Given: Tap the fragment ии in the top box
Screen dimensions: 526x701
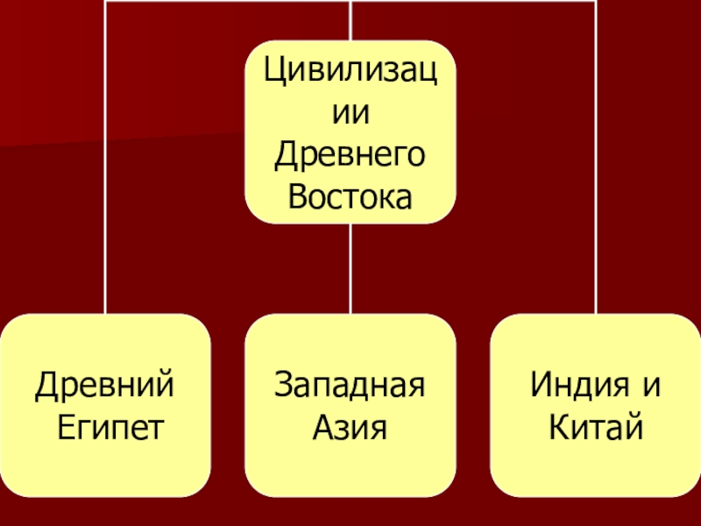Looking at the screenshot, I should pos(350,113).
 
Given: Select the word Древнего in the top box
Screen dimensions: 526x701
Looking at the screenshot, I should pos(350,155).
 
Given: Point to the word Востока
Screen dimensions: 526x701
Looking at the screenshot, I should pos(350,197).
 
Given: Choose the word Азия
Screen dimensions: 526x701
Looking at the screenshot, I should pos(350,427).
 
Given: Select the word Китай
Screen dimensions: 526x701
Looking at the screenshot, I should pos(596,427).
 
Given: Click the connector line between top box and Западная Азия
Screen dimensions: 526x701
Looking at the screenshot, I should pos(350,267).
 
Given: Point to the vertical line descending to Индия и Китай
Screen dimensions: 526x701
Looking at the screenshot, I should pos(596,175).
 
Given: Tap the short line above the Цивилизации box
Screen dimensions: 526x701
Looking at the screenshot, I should pos(350,19).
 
